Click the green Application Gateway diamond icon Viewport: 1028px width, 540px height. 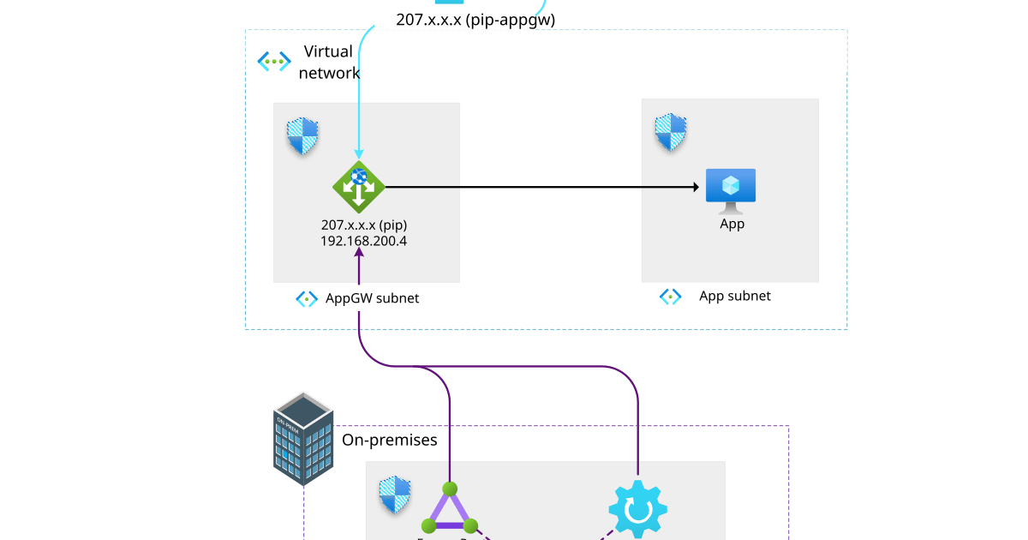click(359, 187)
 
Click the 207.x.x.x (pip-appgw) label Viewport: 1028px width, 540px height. click(475, 19)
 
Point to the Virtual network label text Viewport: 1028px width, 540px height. click(329, 63)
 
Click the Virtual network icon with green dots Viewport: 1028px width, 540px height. click(274, 61)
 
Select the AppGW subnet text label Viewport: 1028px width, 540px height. click(372, 299)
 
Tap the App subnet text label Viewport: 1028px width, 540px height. click(734, 296)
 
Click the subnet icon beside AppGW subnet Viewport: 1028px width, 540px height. click(307, 299)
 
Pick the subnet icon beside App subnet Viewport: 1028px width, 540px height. click(670, 297)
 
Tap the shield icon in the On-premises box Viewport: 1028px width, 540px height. click(394, 495)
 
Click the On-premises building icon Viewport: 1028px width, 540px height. click(302, 439)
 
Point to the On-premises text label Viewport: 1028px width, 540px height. click(390, 440)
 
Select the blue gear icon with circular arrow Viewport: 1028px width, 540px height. click(637, 510)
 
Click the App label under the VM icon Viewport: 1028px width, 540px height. click(732, 224)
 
